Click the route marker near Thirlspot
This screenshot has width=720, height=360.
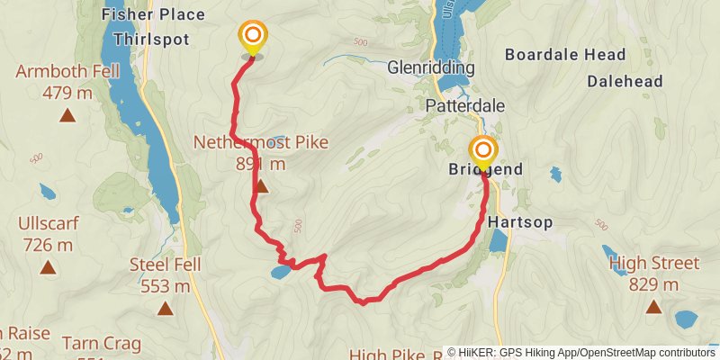(x=253, y=38)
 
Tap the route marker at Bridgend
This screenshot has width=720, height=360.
(x=483, y=151)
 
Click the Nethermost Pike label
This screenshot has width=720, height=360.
(x=261, y=142)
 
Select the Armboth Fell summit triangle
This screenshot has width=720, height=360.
(x=67, y=115)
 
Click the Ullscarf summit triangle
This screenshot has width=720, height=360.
(x=47, y=267)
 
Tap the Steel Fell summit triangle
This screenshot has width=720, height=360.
(x=165, y=310)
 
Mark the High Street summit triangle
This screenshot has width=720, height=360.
(x=653, y=308)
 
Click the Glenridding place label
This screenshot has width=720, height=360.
(x=430, y=68)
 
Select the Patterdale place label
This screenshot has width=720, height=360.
(x=464, y=105)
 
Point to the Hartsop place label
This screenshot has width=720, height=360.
(x=519, y=220)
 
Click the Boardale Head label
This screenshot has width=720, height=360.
(x=564, y=55)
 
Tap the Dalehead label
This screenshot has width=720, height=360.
(x=625, y=81)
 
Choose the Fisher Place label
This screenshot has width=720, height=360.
(x=153, y=14)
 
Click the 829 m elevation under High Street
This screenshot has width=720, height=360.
(x=653, y=284)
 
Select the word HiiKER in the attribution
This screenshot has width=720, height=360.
(x=485, y=352)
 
